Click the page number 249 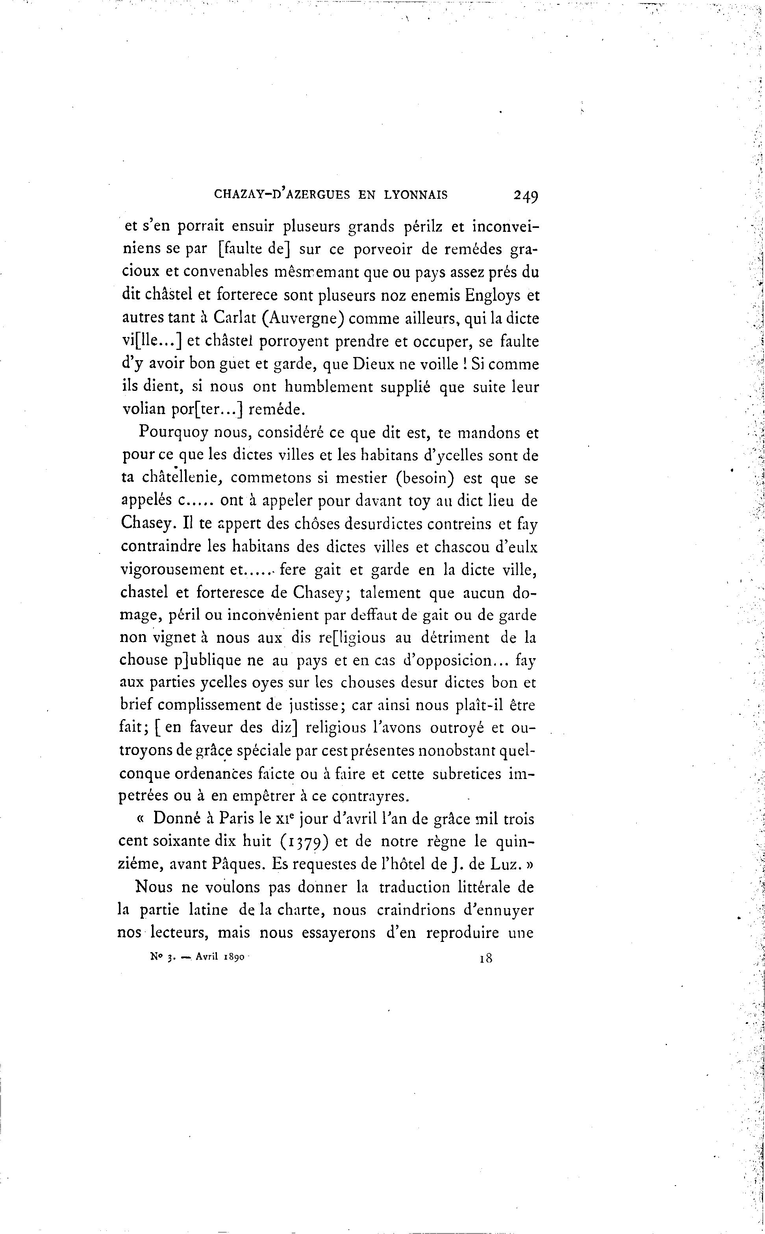tap(526, 195)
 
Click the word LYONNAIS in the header tap(416, 195)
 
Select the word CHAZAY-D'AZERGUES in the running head tap(282, 195)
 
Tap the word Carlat tap(234, 318)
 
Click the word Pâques tap(240, 864)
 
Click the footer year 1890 tap(233, 957)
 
